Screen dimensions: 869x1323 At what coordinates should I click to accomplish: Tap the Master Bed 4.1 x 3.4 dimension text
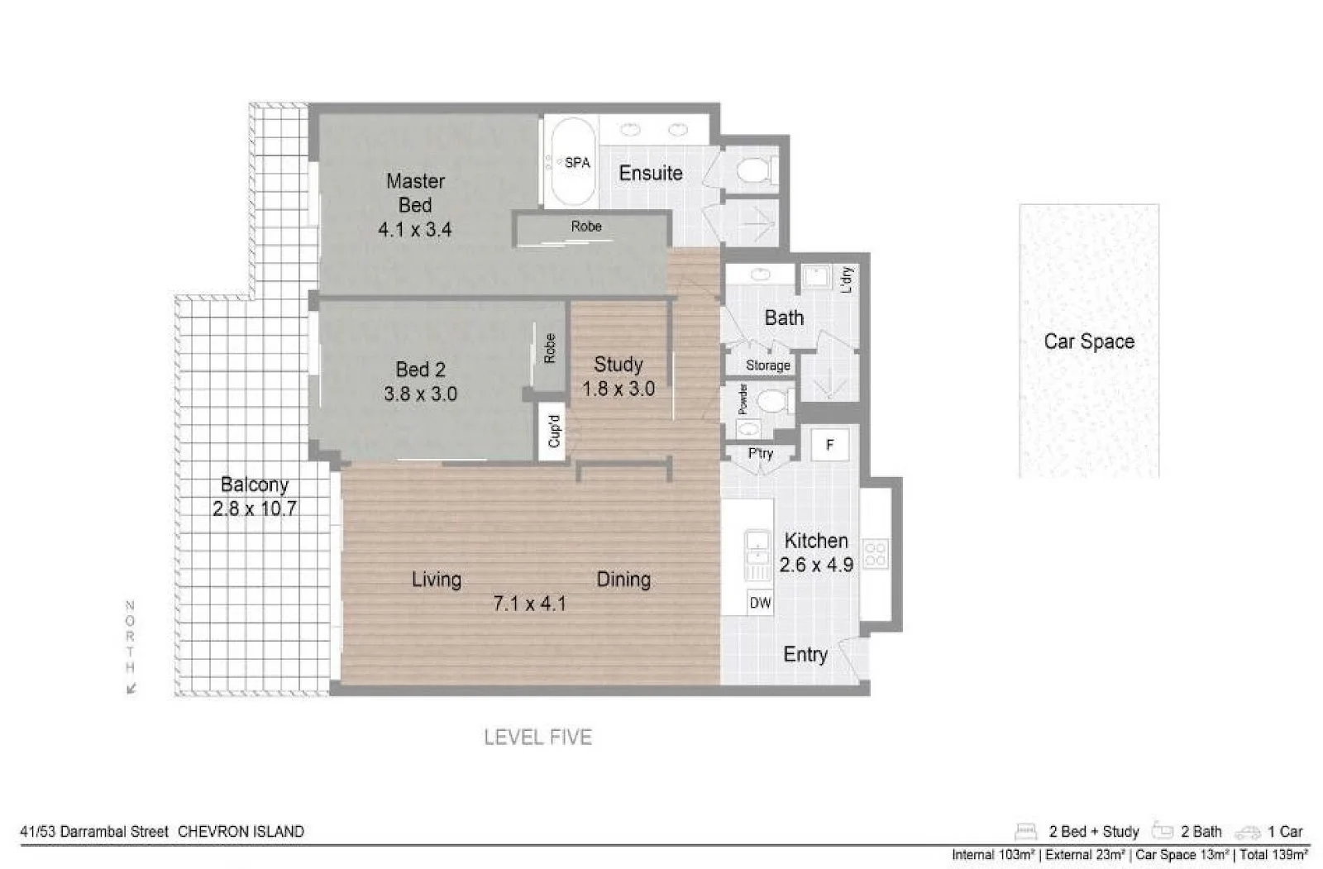click(414, 230)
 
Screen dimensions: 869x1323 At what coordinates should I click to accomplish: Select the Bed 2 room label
click(420, 369)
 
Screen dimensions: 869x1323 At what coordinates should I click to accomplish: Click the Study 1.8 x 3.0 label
click(618, 376)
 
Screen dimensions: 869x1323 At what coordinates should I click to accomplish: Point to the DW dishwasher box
click(759, 603)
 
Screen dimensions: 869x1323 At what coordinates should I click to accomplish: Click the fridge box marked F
click(829, 445)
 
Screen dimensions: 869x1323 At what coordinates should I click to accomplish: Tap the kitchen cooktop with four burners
click(875, 554)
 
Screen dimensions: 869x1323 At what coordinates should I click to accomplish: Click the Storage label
click(767, 365)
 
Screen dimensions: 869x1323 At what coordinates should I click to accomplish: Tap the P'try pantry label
click(760, 453)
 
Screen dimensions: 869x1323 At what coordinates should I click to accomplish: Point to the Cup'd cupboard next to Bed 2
click(554, 430)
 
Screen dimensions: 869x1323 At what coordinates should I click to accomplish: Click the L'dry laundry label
click(845, 279)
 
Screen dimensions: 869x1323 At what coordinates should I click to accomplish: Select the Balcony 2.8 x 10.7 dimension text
click(254, 509)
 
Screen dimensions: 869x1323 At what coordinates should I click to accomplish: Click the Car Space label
click(1088, 341)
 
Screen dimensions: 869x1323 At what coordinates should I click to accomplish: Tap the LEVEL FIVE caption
click(537, 737)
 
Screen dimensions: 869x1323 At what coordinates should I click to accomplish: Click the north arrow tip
click(130, 690)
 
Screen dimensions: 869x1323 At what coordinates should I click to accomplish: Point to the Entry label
click(805, 654)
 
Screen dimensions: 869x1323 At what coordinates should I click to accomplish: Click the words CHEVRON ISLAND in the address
click(241, 832)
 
